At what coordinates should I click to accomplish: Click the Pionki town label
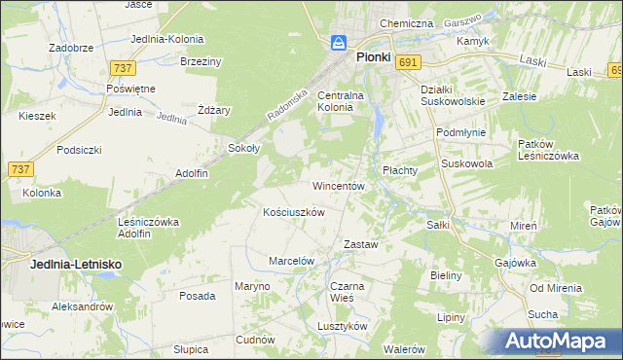tap(372, 57)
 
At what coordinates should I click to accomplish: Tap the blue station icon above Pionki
tap(339, 43)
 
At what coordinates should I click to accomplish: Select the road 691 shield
tap(409, 62)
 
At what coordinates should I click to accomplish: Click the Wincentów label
tap(338, 185)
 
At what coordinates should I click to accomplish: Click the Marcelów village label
tap(291, 261)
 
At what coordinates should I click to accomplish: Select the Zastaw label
tap(360, 245)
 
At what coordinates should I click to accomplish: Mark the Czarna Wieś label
tap(347, 293)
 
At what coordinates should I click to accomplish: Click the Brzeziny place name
tap(202, 61)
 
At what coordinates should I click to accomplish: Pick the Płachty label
tap(399, 169)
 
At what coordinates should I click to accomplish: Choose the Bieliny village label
tap(445, 275)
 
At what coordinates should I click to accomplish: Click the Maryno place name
tap(250, 286)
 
